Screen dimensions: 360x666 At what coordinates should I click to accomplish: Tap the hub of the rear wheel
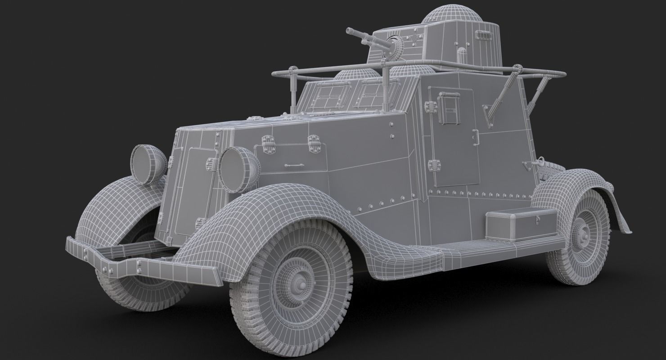(x=583, y=236)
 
